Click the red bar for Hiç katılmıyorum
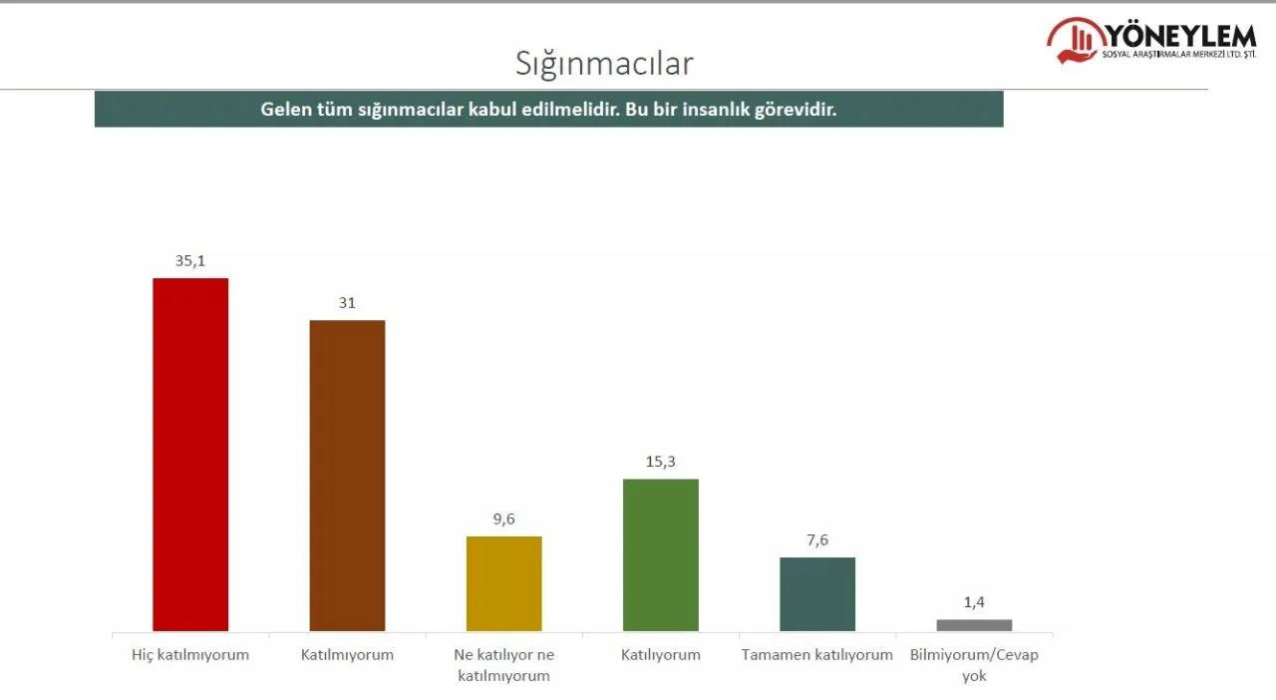click(x=190, y=454)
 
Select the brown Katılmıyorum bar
click(x=347, y=475)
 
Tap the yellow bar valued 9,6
click(x=504, y=583)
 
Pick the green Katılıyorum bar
click(x=661, y=554)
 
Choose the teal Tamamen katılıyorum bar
click(x=817, y=593)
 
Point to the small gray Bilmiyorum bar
click(x=974, y=625)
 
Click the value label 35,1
click(x=190, y=261)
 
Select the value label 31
click(x=347, y=303)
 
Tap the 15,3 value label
click(x=661, y=462)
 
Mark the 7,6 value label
click(x=817, y=540)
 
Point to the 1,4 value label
click(x=974, y=602)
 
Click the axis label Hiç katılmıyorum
click(x=190, y=655)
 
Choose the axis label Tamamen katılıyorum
click(x=817, y=655)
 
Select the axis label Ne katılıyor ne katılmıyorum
click(x=504, y=665)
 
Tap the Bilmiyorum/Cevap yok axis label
click(x=974, y=665)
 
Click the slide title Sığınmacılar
click(x=604, y=63)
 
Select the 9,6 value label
click(x=504, y=520)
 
